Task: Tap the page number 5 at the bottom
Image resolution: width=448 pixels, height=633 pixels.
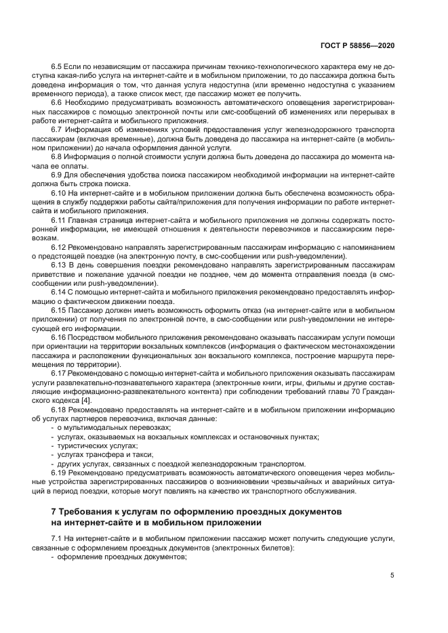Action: [x=392, y=575]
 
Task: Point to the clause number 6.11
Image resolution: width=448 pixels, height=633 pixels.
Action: [x=59, y=221]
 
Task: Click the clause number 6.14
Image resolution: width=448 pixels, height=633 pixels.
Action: [x=59, y=292]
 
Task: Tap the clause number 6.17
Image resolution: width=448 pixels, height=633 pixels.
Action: [x=59, y=372]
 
